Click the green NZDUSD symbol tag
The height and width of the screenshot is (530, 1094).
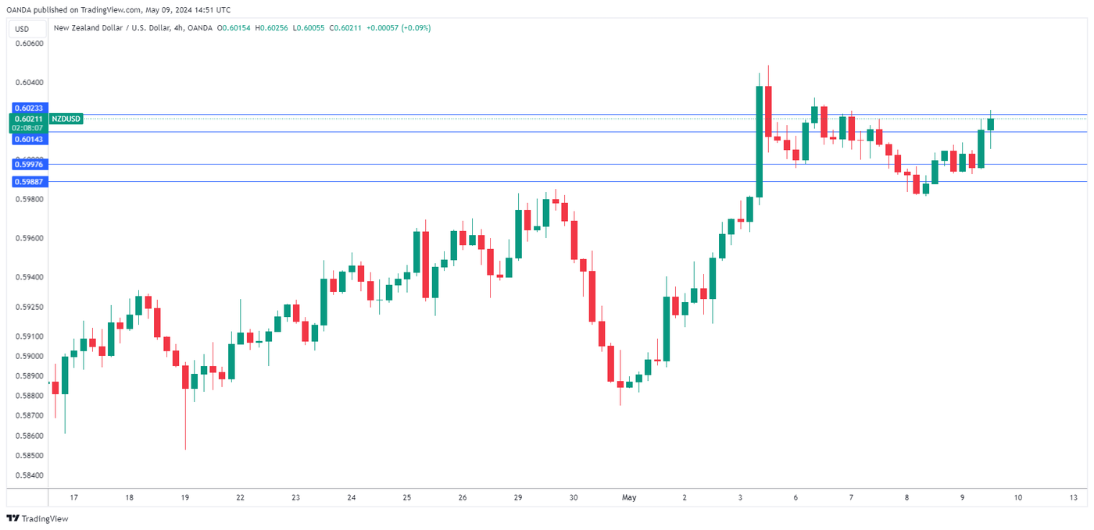pyautogui.click(x=65, y=119)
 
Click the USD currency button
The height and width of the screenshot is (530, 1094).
pyautogui.click(x=22, y=29)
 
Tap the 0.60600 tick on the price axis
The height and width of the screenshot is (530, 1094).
pyautogui.click(x=29, y=44)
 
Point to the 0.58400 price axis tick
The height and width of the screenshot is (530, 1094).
pyautogui.click(x=29, y=475)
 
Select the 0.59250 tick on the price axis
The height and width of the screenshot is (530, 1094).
pyautogui.click(x=29, y=308)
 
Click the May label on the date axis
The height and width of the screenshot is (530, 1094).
pyautogui.click(x=629, y=497)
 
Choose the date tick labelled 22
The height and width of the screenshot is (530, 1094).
pyautogui.click(x=240, y=497)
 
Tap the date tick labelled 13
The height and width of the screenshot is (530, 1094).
pyautogui.click(x=1074, y=497)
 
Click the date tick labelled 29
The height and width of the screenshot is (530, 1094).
pyautogui.click(x=517, y=497)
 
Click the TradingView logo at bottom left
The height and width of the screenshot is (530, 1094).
pyautogui.click(x=38, y=518)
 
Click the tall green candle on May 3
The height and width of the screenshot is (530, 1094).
pyautogui.click(x=759, y=141)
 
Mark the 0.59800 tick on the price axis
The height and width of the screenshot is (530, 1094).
pyautogui.click(x=29, y=199)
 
